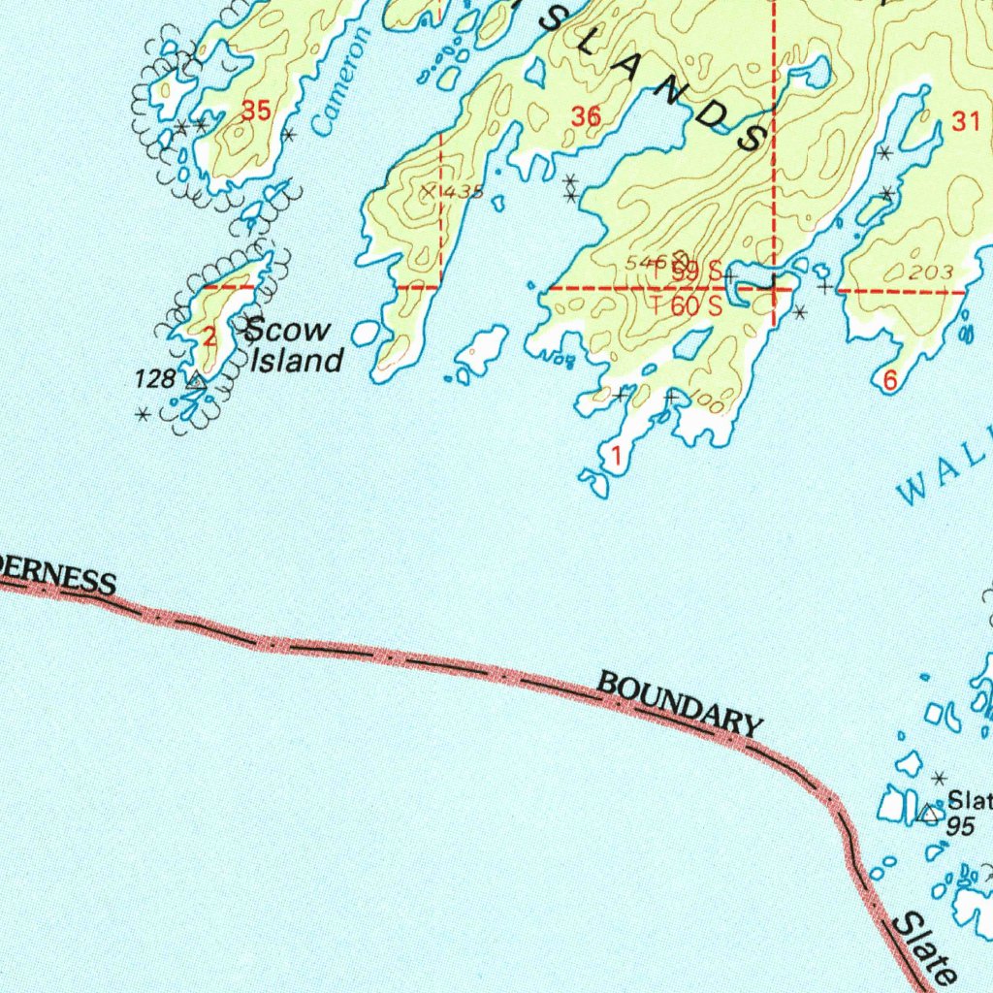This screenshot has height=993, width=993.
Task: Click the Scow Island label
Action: pos(295,345)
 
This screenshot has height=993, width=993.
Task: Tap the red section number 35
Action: pos(256,112)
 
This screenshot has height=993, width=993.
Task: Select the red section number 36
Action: pos(586,117)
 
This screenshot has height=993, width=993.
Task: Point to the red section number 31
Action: pos(966,122)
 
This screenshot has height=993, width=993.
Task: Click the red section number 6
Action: pos(890,381)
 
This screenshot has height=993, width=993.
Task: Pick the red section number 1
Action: pos(615,454)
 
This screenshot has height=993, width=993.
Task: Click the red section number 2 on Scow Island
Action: pos(210,337)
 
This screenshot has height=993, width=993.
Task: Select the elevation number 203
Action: pos(933,273)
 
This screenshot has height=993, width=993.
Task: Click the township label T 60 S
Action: pos(687,305)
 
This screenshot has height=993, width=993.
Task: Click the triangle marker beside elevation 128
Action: pos(195,381)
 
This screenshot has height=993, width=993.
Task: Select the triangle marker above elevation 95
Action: pos(929,814)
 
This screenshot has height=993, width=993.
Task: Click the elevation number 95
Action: pos(960,826)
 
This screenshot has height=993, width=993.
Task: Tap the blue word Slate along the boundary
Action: pos(923,945)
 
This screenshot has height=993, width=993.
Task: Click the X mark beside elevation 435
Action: pos(428,192)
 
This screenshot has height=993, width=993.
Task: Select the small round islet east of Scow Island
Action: pos(366,334)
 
